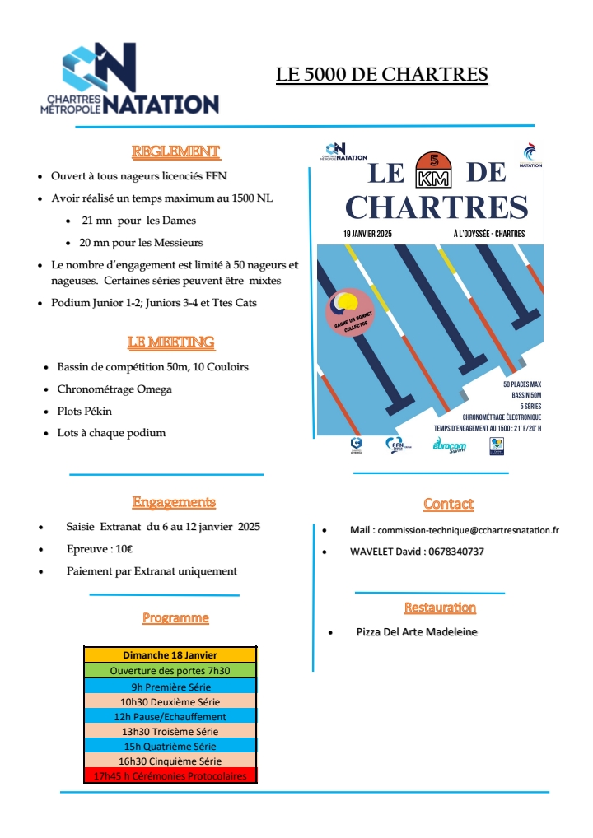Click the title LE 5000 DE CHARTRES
click(x=381, y=75)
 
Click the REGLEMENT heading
click(x=175, y=151)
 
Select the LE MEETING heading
click(x=170, y=342)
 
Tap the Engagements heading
click(x=174, y=502)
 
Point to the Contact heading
click(x=448, y=504)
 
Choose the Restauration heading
click(x=440, y=608)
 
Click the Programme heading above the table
click(x=175, y=617)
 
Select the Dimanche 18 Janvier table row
click(x=170, y=655)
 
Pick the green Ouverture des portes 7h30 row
click(x=170, y=671)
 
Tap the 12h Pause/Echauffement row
click(x=170, y=716)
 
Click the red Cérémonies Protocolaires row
click(x=170, y=775)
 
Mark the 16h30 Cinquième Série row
click(x=170, y=761)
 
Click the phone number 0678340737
click(x=444, y=552)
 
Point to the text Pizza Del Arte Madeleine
click(x=417, y=632)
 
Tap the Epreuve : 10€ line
click(x=100, y=549)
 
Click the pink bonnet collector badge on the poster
click(x=349, y=313)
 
